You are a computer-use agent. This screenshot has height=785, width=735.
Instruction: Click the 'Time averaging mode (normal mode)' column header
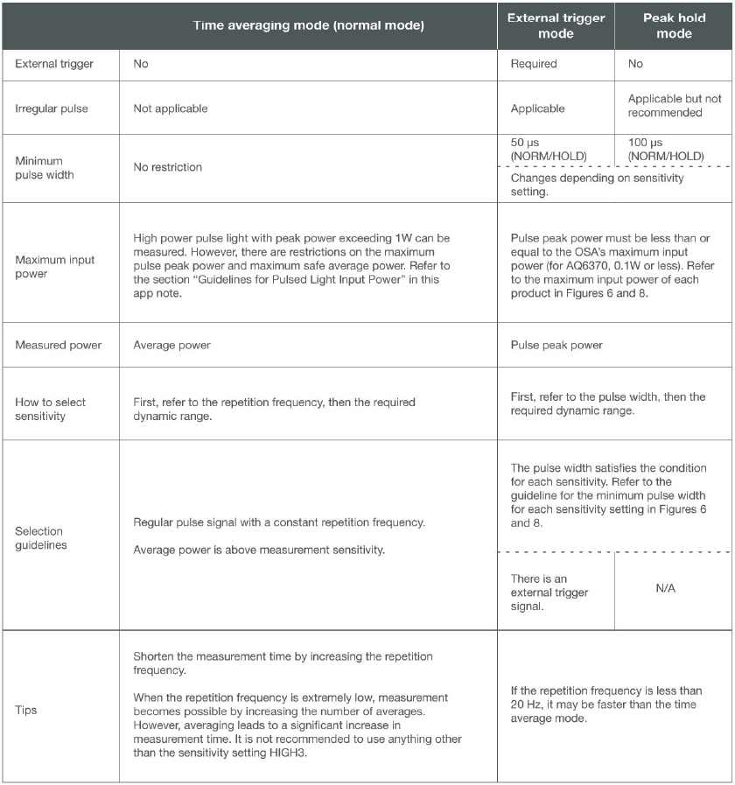[x=308, y=26]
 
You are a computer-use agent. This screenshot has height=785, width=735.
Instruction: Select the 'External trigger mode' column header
[x=556, y=25]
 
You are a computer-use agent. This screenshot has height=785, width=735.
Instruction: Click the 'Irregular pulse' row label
[x=49, y=109]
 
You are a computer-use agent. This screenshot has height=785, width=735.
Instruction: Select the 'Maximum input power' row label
[x=54, y=266]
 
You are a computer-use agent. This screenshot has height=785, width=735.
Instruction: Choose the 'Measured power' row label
[x=58, y=345]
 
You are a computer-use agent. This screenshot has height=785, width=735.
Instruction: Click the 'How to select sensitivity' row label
[x=51, y=409]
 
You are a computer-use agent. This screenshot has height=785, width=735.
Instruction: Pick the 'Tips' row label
[x=26, y=710]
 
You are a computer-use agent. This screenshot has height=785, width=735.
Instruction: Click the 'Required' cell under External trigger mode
[x=534, y=64]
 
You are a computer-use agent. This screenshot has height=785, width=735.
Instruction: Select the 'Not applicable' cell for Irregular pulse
[x=170, y=109]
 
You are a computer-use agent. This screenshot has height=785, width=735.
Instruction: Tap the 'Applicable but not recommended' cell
[x=675, y=106]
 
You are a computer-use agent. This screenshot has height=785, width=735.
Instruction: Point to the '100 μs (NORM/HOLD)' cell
[x=665, y=149]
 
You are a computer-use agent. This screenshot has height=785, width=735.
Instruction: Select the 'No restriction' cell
[x=167, y=167]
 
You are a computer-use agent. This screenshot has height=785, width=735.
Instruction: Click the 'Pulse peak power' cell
[x=556, y=345]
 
